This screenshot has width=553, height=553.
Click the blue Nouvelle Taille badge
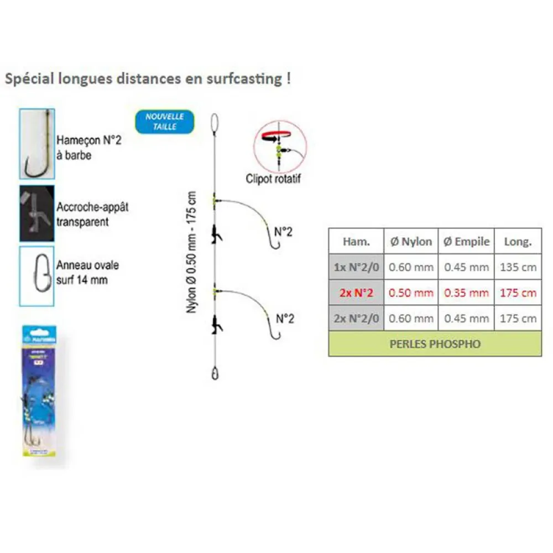(x=165, y=122)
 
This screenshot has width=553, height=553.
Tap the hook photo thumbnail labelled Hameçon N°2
(x=37, y=144)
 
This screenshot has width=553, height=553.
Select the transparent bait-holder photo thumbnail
(x=37, y=213)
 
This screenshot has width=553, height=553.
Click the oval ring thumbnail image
(x=37, y=276)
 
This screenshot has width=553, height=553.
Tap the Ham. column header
(x=356, y=241)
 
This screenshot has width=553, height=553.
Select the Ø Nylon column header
(x=411, y=241)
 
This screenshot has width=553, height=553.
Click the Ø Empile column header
(x=467, y=241)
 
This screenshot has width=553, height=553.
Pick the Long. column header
(x=518, y=241)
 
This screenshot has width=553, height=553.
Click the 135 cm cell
(x=518, y=267)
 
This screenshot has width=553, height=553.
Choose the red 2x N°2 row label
(x=356, y=293)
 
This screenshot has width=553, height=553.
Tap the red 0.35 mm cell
(x=467, y=293)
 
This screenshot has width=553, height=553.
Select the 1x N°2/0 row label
(x=356, y=267)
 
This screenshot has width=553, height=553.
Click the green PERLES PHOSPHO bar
(x=435, y=343)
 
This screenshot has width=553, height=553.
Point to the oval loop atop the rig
(x=215, y=123)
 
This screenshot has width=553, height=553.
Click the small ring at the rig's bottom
(x=215, y=374)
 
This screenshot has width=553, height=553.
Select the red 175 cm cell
(x=518, y=293)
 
